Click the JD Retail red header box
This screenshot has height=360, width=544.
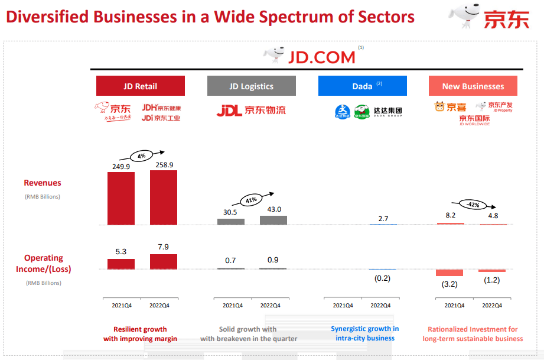(141, 86)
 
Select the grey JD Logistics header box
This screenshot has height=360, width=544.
(251, 86)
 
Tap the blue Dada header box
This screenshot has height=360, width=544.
(362, 86)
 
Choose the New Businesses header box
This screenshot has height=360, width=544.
(473, 86)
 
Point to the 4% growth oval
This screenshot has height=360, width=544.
(141, 157)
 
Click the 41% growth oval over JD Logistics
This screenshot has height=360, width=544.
(251, 200)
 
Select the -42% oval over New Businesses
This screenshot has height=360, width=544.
(473, 205)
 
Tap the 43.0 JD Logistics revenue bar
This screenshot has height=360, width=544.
(273, 220)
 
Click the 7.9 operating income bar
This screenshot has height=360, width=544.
(164, 261)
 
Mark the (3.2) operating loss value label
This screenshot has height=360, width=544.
(449, 284)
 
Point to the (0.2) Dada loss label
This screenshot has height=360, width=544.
(382, 278)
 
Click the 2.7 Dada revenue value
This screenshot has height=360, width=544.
(383, 219)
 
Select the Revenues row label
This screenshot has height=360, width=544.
(43, 183)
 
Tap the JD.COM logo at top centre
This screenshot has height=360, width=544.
(310, 56)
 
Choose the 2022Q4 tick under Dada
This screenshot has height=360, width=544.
(382, 306)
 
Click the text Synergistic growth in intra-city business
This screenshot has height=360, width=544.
(364, 333)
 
